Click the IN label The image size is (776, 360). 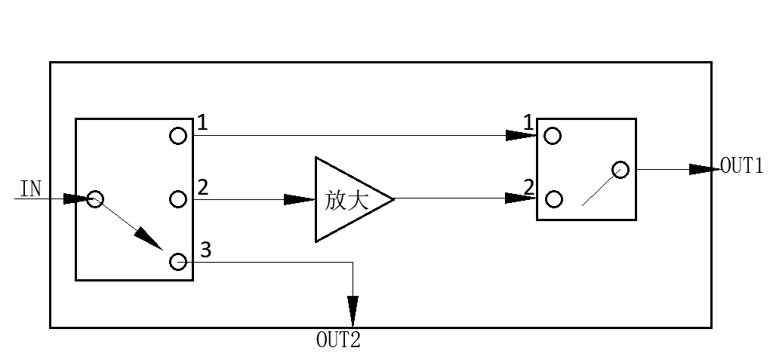point(31,189)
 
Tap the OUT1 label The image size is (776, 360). point(742,165)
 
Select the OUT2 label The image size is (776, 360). point(338,340)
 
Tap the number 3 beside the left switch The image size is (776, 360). point(206,251)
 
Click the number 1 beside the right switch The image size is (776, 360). point(528,122)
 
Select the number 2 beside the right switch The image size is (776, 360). point(528,188)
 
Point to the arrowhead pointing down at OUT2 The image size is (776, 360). point(353,311)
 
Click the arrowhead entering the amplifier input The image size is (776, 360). point(300,200)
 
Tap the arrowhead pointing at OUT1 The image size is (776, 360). point(705,170)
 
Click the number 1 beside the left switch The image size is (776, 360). point(202,122)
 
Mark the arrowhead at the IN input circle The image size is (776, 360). point(77,199)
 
